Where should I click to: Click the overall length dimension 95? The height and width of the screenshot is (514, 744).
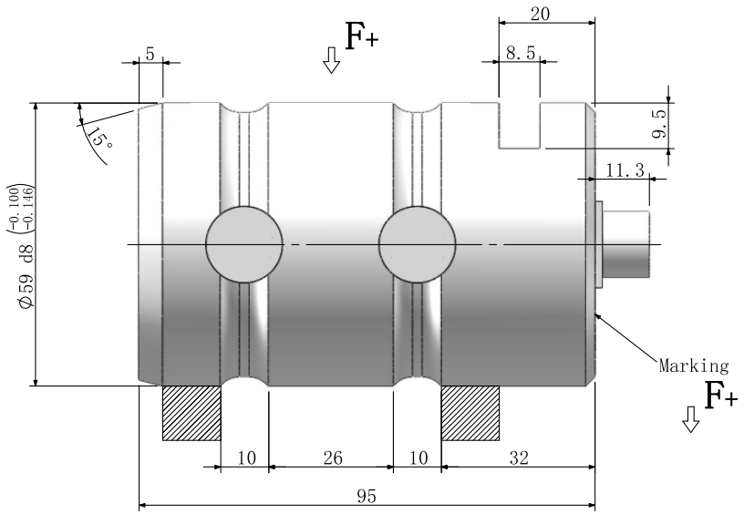click(366, 497)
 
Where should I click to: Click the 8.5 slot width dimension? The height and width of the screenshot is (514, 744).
click(520, 54)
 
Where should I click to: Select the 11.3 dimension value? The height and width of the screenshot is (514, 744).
click(625, 169)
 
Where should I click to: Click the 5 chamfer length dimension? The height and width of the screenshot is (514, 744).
click(150, 54)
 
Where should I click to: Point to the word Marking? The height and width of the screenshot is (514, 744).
click(693, 366)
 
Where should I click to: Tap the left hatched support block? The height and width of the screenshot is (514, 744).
click(191, 413)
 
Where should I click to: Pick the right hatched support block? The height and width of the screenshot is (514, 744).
click(470, 413)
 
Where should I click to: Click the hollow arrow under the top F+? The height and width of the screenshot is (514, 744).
click(331, 61)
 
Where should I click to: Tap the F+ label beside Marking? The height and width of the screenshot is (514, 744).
click(720, 395)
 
